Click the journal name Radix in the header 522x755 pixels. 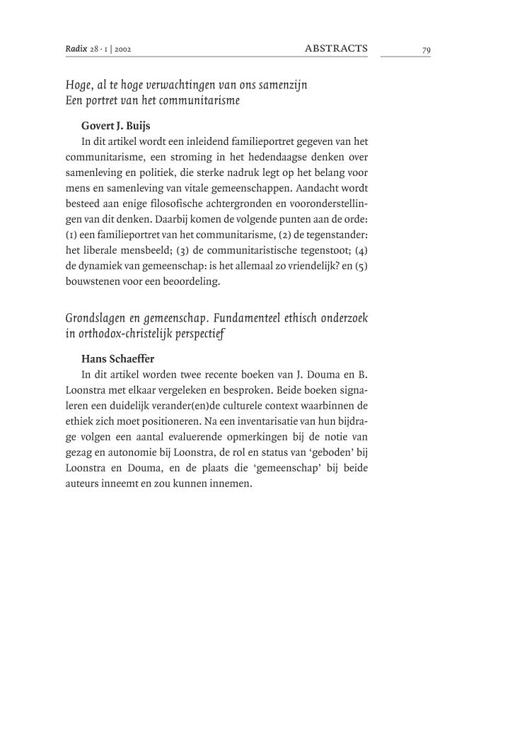74,49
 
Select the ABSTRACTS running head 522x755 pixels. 336,48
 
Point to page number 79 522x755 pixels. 426,49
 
